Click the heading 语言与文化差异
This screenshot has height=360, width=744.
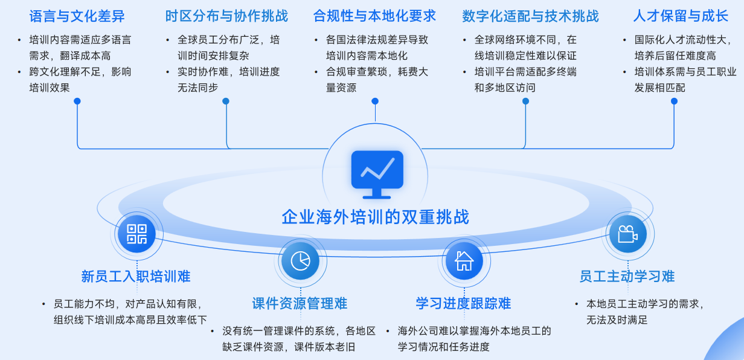tap(77, 16)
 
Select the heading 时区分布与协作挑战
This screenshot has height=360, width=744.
tap(226, 16)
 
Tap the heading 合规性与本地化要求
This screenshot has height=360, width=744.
tap(374, 16)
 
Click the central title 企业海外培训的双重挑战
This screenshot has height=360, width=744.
tap(375, 217)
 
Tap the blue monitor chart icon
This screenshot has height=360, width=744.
tap(377, 174)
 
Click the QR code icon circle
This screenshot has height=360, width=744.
tap(136, 234)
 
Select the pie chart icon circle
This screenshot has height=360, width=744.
tap(300, 260)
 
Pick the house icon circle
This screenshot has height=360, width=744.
tap(464, 260)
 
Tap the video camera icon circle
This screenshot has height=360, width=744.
tap(627, 234)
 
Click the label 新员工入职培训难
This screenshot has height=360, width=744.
tap(136, 277)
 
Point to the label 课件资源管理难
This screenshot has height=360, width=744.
tap(300, 303)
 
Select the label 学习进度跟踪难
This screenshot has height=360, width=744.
tap(463, 303)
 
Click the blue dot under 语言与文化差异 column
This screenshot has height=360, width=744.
tap(77, 101)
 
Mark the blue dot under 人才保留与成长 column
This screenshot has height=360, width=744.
tap(674, 101)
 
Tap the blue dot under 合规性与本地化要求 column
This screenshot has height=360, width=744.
tap(375, 101)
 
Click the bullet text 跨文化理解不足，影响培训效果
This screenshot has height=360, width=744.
tap(80, 80)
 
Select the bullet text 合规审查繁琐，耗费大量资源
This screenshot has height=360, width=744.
tap(377, 80)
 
